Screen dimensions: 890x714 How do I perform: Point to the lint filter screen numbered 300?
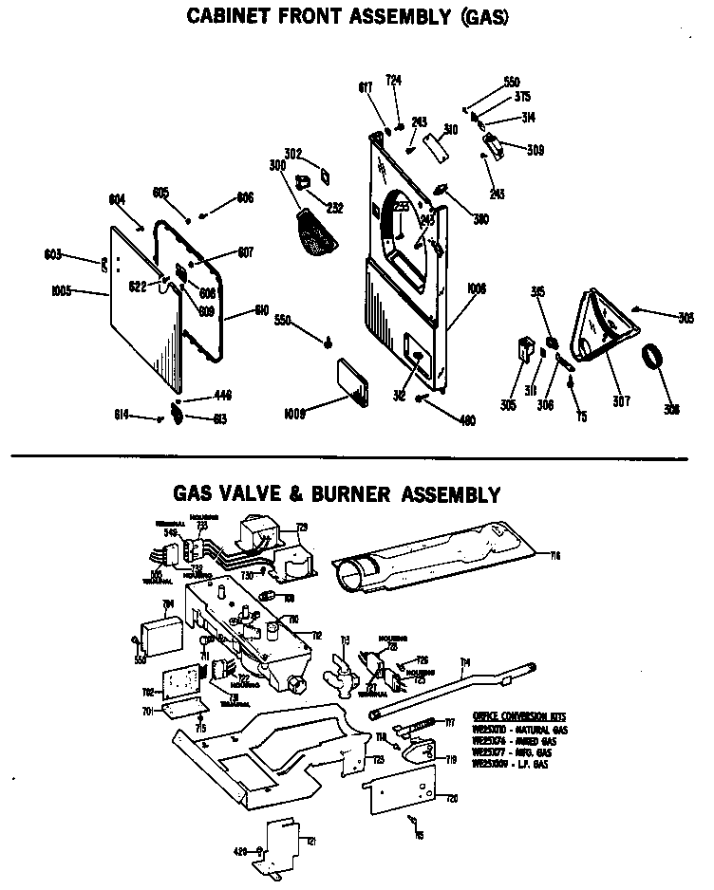pos(312,231)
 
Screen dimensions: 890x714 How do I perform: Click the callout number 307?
pos(620,401)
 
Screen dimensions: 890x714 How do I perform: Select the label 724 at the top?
pos(393,81)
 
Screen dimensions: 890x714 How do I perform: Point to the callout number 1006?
pos(475,286)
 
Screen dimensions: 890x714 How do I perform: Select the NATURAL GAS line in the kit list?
pos(519,729)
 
